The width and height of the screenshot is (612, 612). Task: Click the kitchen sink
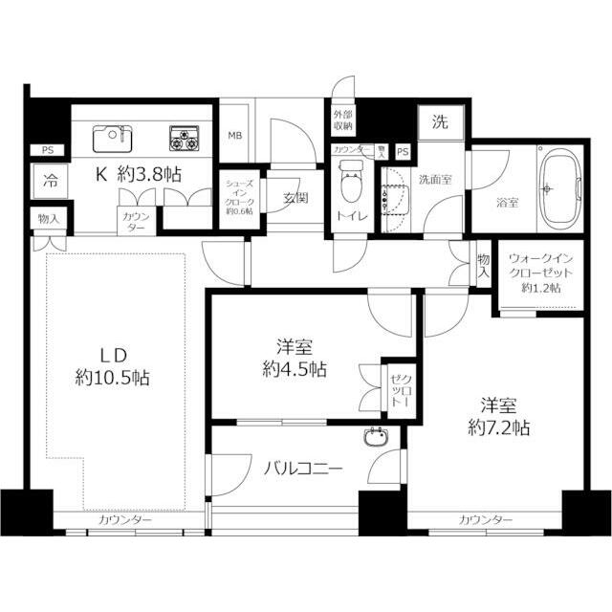(x=113, y=138)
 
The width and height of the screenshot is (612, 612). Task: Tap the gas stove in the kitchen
(x=185, y=139)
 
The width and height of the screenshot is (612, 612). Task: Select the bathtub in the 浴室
(x=556, y=182)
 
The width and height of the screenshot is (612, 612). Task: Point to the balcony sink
(x=374, y=440)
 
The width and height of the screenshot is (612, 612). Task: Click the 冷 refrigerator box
(x=48, y=180)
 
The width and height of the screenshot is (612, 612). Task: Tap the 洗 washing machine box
(x=439, y=121)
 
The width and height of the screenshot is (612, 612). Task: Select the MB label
(x=234, y=135)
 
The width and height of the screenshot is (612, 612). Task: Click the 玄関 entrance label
(x=295, y=199)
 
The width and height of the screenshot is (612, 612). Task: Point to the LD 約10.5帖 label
(x=112, y=364)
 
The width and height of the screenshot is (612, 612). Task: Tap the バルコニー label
(x=303, y=470)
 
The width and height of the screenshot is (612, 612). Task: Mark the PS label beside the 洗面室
(x=403, y=152)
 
